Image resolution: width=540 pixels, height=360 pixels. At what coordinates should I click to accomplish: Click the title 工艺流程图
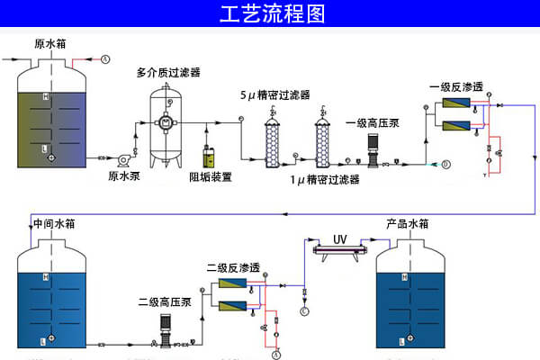coord(270,15)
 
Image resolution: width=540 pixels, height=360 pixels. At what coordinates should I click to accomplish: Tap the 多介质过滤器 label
coord(168,72)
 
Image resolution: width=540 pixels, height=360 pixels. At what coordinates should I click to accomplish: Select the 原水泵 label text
coord(123,176)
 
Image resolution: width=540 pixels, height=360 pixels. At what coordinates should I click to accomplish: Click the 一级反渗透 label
coord(456,87)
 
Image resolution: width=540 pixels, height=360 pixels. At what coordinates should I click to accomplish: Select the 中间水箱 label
coord(52,224)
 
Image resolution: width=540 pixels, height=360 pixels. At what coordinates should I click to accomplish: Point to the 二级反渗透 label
coord(233,267)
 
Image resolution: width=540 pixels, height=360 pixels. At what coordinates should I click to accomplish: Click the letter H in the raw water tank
coord(45,96)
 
